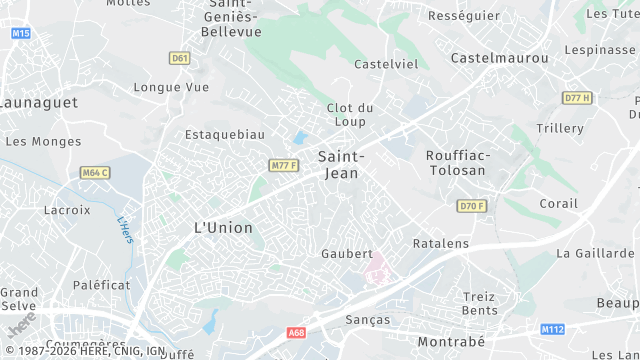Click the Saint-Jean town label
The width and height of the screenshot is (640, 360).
[x=340, y=164]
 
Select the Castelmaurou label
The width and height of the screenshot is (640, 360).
[x=500, y=58]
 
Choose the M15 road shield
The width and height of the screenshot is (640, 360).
[x=21, y=34]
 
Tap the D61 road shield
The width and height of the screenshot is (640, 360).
[x=180, y=58]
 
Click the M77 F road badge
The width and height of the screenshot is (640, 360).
[x=284, y=165]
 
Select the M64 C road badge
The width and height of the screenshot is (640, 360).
[x=95, y=173]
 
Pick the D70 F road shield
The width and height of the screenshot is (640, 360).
[x=471, y=206]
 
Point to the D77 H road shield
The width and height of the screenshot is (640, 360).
[x=577, y=97]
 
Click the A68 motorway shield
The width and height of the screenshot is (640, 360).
[x=295, y=332]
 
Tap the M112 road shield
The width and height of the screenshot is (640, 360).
[x=552, y=329]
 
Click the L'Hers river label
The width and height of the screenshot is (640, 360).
[x=125, y=230]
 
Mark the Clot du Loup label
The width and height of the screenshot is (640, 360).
[x=350, y=114]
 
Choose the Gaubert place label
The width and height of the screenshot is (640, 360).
[x=347, y=254]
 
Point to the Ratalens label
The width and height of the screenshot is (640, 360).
[x=441, y=243]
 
